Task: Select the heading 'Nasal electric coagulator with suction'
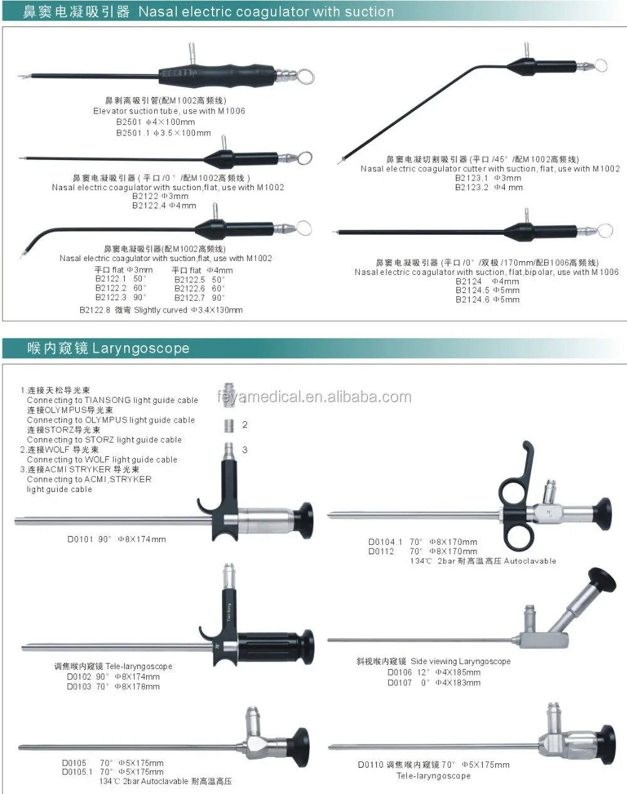266,11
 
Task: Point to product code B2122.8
95,310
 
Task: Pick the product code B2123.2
472,187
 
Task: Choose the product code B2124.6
472,299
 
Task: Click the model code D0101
80,539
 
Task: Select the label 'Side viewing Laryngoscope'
460,661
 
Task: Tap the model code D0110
371,764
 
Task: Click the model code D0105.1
77,772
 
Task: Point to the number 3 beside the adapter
245,449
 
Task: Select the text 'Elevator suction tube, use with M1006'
169,111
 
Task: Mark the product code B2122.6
189,288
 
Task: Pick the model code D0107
399,682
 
